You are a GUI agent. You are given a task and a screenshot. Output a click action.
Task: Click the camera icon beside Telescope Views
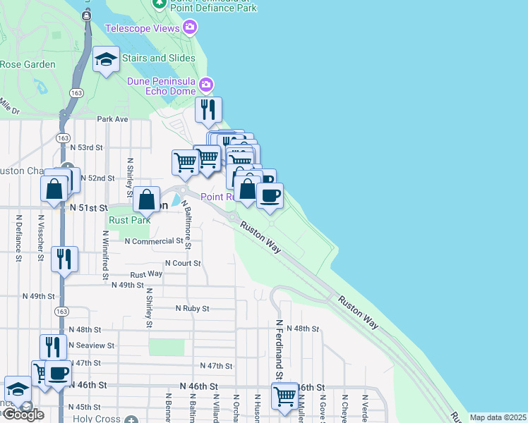point(189,28)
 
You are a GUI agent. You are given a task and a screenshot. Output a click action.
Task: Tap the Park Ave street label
point(112,119)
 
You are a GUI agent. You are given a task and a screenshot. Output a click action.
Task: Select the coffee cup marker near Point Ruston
point(270,195)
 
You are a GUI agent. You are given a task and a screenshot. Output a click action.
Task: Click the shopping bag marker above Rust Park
point(147,200)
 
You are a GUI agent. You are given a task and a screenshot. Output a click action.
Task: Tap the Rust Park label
point(120,219)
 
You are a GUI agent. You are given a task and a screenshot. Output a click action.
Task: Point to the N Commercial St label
point(154,241)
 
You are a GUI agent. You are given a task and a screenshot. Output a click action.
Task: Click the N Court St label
point(183,263)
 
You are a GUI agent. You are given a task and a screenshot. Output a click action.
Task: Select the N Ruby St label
point(192,308)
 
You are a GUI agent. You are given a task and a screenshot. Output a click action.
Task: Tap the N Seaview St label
point(92,345)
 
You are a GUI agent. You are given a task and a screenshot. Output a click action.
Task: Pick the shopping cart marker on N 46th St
point(284,396)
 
